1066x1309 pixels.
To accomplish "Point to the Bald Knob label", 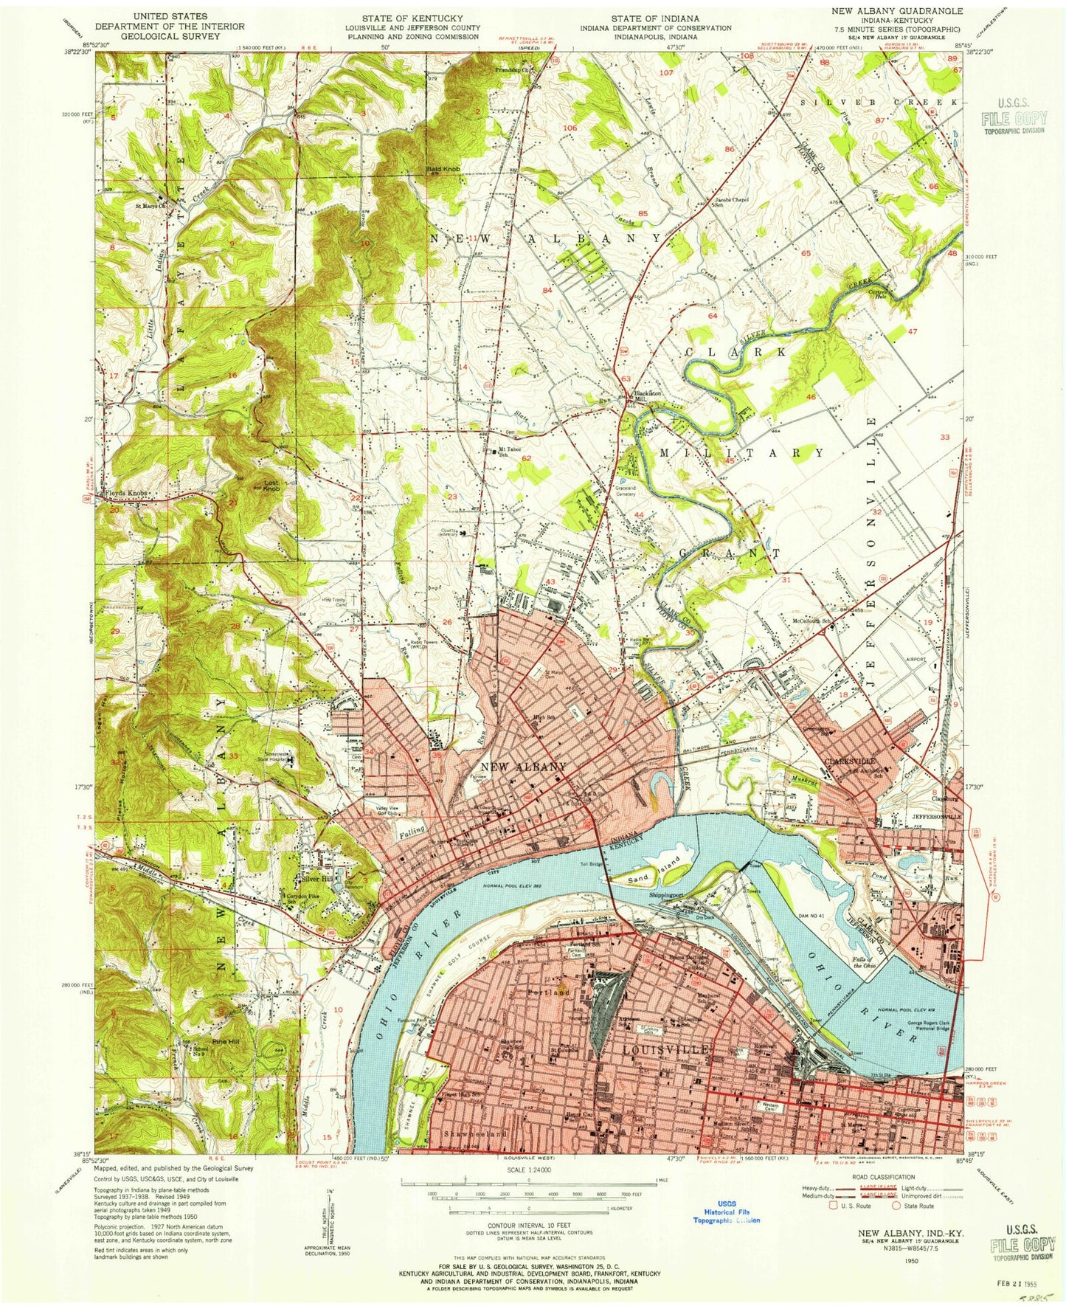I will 443,170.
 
